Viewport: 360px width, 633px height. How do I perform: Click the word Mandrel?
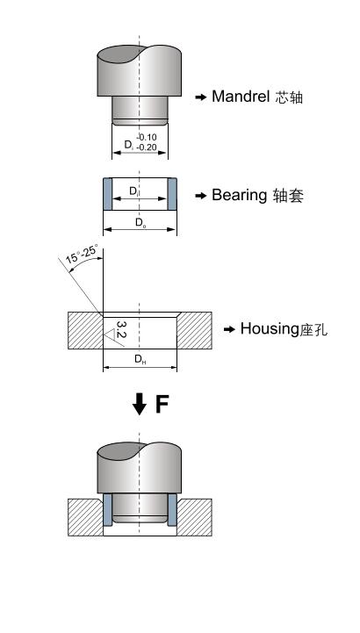241,97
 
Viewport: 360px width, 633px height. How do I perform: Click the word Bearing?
239,195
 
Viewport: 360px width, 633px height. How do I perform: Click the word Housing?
270,328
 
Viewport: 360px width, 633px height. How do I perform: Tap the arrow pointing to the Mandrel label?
200,97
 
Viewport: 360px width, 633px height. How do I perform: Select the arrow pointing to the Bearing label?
200,196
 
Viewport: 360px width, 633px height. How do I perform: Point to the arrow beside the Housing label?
229,330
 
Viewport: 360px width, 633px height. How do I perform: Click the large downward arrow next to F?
140,404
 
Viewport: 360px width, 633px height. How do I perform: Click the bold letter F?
162,404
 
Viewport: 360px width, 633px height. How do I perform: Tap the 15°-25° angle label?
82,254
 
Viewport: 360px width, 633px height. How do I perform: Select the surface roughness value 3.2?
120,329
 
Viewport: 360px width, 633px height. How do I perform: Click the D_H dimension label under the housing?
140,359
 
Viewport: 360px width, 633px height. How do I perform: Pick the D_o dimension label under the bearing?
140,222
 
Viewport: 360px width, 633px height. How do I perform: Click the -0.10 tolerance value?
146,137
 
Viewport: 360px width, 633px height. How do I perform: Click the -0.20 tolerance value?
146,147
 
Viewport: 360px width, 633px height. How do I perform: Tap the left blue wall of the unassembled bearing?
108,194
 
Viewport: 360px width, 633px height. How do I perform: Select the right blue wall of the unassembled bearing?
172,194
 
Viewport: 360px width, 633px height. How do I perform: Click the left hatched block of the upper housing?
85,330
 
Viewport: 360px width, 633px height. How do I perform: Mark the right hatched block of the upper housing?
194,330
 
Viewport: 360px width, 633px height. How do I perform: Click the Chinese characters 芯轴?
289,97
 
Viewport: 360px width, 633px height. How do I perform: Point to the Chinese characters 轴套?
288,196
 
